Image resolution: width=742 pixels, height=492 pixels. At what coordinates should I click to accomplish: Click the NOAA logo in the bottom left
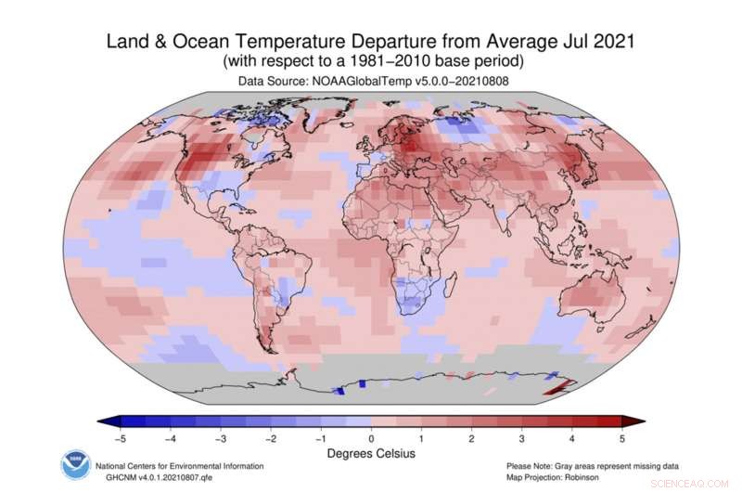[x=73, y=464]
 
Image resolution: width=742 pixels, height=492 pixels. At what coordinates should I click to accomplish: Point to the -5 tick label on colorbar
[x=119, y=438]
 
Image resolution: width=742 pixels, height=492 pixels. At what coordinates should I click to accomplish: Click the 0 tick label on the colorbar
[x=371, y=438]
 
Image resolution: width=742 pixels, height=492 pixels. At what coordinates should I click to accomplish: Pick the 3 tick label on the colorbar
[x=522, y=438]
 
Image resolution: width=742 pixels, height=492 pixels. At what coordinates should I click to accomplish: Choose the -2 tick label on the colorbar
[x=270, y=438]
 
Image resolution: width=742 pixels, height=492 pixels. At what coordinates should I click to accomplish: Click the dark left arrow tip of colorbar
[x=104, y=421]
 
